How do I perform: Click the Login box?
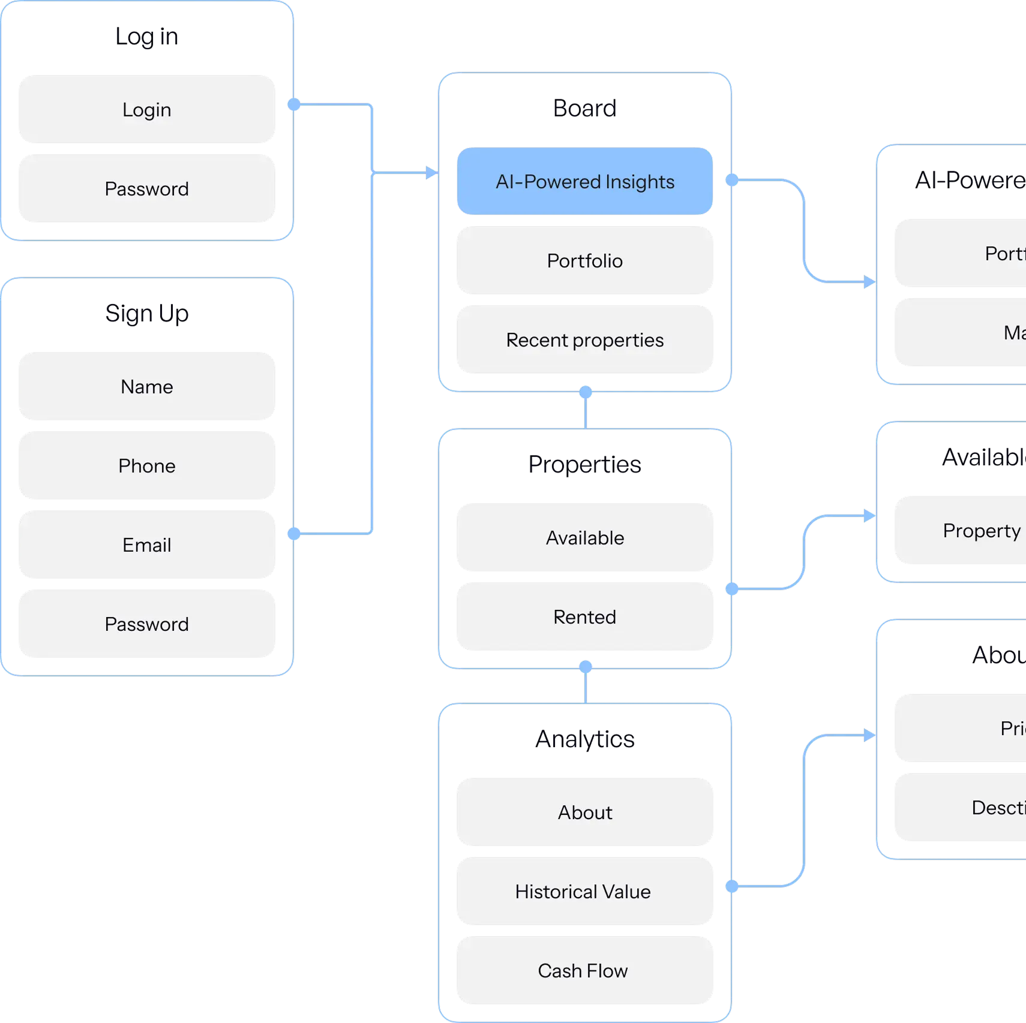coord(147,109)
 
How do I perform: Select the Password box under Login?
coord(147,189)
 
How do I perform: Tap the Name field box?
coord(147,386)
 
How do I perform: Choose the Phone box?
coord(147,465)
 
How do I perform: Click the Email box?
coord(147,544)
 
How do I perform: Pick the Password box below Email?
coord(147,624)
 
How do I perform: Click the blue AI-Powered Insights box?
coord(585,181)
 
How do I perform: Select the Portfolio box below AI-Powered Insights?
coord(585,260)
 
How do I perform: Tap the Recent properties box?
coord(585,339)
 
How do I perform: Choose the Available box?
coord(585,537)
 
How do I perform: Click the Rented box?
coord(585,616)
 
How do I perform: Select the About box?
coord(585,812)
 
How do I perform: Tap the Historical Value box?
coord(585,891)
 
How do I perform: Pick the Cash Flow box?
coord(585,970)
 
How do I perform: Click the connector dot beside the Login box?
coord(294,104)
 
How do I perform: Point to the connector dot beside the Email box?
coord(294,533)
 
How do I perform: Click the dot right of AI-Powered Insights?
coord(732,180)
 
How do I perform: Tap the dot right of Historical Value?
coord(732,886)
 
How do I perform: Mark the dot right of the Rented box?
coord(732,589)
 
